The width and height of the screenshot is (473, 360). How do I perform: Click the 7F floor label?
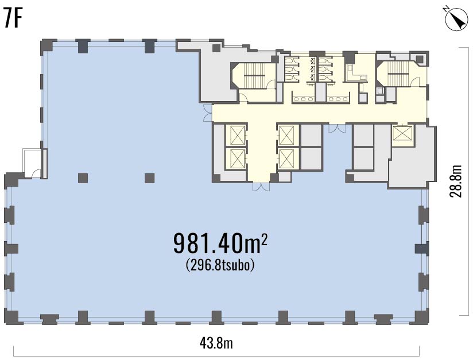tap(13, 18)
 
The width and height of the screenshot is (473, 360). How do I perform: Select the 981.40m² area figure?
tap(220, 243)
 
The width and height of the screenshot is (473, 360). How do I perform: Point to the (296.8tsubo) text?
tap(220, 265)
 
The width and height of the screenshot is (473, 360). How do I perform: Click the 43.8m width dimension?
tap(216, 343)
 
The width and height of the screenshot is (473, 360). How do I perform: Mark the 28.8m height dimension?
tap(456, 181)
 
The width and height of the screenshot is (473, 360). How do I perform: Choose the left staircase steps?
tap(254, 75)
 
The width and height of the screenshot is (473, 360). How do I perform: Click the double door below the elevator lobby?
tap(261, 187)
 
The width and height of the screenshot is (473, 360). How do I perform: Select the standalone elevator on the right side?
tap(402, 133)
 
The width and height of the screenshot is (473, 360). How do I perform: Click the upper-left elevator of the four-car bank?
tap(237, 135)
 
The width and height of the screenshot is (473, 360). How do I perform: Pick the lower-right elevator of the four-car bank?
tap(286, 158)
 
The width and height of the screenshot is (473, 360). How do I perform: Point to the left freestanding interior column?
tap(83, 178)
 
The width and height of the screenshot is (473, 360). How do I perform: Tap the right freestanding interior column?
tap(150, 178)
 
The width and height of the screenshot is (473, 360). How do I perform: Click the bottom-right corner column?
tap(421, 317)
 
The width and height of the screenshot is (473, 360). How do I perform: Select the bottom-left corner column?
tap(11, 317)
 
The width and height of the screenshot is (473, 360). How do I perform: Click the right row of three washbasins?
tap(338, 99)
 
